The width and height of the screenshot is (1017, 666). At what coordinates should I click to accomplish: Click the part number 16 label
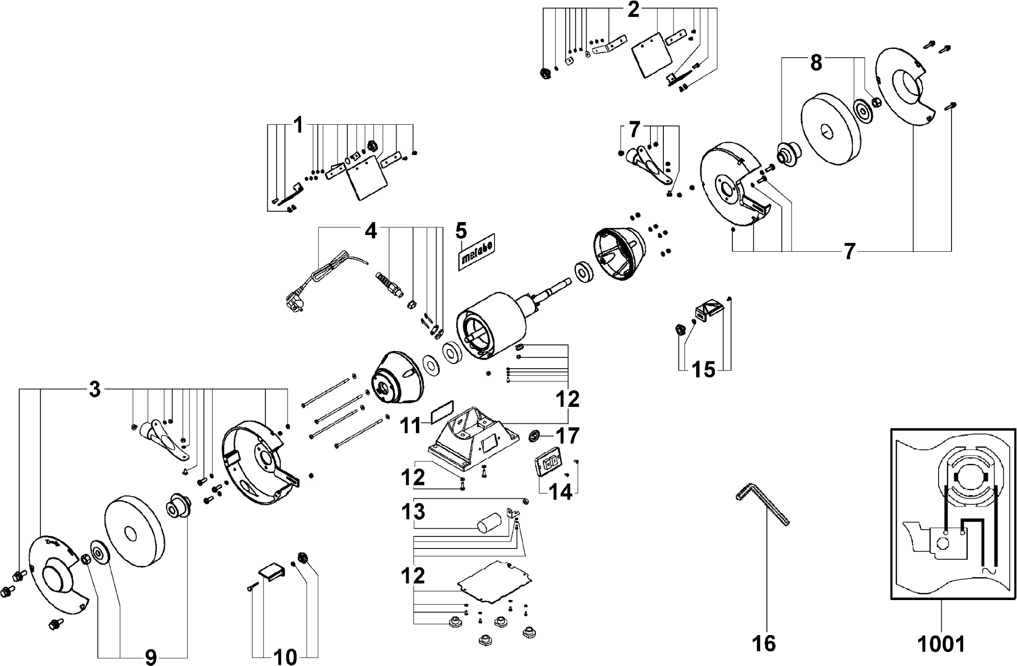coord(764,643)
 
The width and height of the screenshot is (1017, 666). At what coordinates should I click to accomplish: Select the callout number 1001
coord(941,644)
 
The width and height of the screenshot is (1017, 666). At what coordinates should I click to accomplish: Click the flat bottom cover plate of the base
coord(494,581)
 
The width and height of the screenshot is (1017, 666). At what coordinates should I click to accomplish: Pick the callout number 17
coord(568,436)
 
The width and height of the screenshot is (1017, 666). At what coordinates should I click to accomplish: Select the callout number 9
coord(151,657)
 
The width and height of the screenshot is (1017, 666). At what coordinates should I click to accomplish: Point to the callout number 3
coord(95,390)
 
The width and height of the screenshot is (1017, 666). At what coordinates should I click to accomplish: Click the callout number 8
coord(816,63)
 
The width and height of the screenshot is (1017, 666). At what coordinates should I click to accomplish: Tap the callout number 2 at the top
coord(633,10)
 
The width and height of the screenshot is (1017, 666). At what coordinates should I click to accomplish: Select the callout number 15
coord(704,370)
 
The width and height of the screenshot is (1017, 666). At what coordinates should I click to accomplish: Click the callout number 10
coord(285,657)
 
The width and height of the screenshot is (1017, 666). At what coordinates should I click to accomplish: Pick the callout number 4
coord(371,231)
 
